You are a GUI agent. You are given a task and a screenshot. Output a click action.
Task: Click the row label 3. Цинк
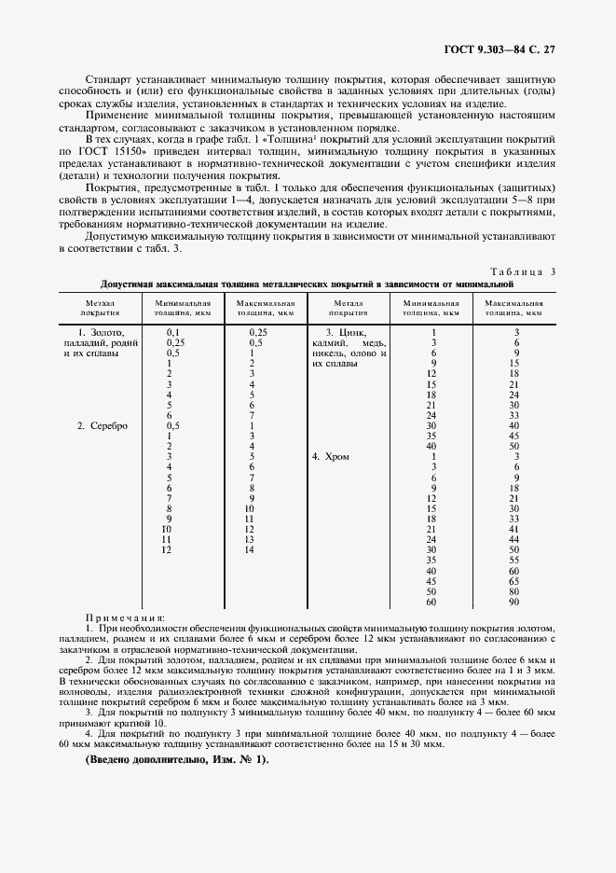click(x=345, y=332)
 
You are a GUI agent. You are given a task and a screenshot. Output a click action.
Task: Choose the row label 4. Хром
click(x=336, y=456)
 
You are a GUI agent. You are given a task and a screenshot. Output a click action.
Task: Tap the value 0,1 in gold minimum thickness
click(x=172, y=332)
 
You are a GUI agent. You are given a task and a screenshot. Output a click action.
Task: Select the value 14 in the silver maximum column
click(x=249, y=550)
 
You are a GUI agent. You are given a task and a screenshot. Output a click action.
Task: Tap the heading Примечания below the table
click(x=124, y=617)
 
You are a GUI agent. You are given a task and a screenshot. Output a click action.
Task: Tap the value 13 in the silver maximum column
click(x=249, y=539)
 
